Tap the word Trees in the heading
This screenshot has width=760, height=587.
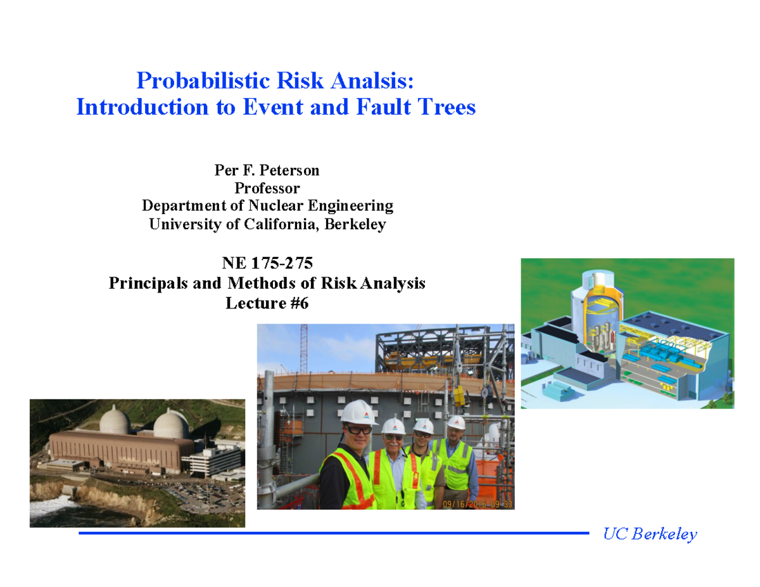click(447, 107)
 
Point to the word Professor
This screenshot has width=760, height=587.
click(267, 188)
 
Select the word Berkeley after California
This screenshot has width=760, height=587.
click(355, 224)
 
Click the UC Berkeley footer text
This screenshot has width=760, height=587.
click(650, 534)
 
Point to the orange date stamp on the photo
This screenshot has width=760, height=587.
click(476, 503)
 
